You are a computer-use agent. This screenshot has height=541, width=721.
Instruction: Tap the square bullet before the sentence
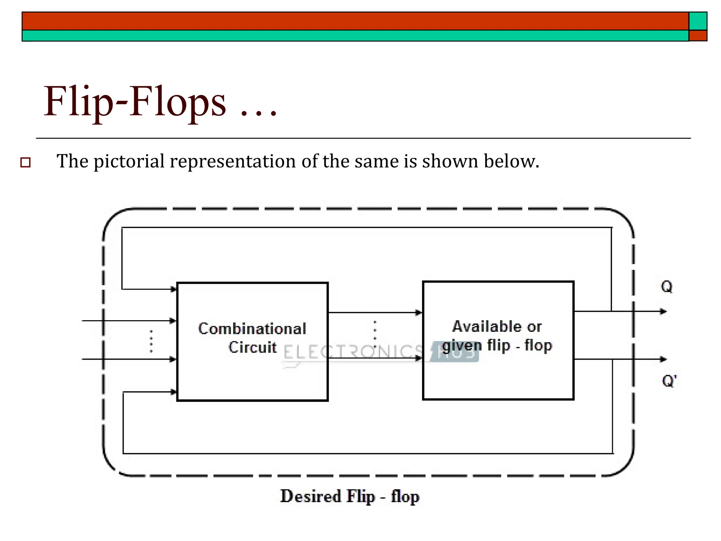[x=25, y=162]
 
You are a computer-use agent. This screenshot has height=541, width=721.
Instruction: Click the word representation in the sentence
[x=233, y=162]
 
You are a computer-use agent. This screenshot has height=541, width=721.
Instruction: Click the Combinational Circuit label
[x=252, y=338]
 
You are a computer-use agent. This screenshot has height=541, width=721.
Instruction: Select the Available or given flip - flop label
[x=497, y=336]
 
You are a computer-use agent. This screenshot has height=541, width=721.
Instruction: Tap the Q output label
[x=666, y=287]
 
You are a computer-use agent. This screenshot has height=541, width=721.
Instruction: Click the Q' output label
[x=669, y=381]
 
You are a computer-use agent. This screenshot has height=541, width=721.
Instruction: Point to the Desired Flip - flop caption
[x=350, y=497]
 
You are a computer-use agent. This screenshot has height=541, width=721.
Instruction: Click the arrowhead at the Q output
[x=663, y=311]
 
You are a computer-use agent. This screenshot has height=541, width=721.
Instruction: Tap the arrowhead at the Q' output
[x=663, y=359]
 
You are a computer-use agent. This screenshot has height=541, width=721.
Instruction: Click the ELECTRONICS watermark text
[x=352, y=352]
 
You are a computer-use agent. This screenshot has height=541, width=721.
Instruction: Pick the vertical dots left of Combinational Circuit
[x=151, y=341]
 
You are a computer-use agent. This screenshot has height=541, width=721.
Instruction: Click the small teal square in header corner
[x=698, y=21]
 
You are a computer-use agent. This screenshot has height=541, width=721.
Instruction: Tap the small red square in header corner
[x=698, y=36]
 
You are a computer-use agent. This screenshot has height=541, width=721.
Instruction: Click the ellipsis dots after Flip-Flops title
[x=258, y=113]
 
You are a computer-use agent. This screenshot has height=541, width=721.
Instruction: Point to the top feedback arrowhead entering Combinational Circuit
[x=173, y=289]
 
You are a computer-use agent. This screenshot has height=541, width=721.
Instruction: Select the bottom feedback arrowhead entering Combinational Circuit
[x=173, y=392]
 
